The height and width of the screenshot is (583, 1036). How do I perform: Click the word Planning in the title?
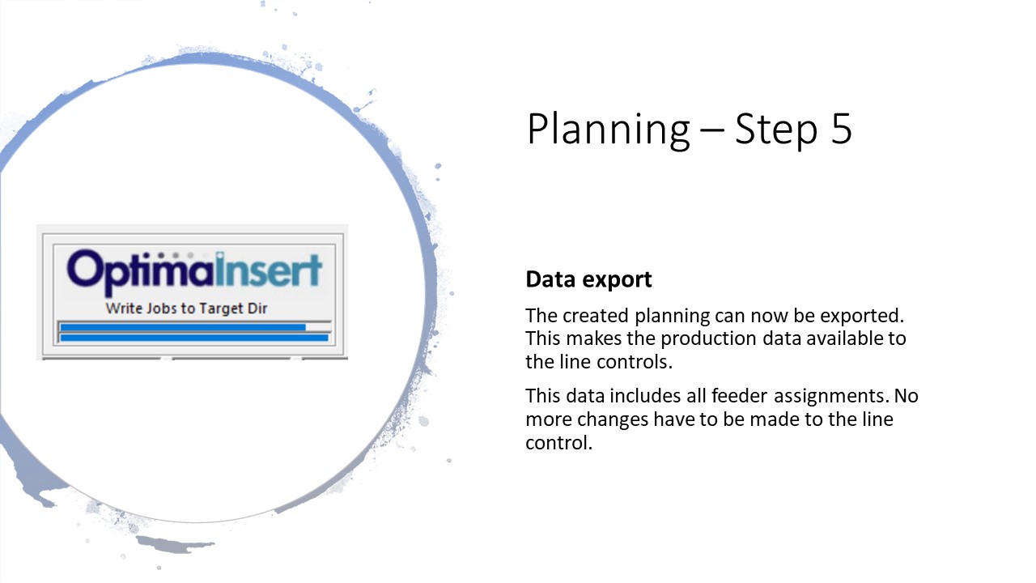click(608, 130)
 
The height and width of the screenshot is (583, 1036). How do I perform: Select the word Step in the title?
click(776, 130)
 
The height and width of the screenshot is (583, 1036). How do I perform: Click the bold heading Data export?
click(588, 279)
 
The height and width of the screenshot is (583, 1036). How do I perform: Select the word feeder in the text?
click(740, 396)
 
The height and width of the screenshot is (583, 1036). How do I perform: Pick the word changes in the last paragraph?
click(613, 419)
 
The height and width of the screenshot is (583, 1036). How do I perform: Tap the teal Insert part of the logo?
click(268, 270)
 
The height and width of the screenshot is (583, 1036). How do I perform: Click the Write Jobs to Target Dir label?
click(186, 309)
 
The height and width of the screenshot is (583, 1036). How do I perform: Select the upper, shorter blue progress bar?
click(183, 328)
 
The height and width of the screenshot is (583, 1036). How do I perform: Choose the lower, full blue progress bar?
click(194, 338)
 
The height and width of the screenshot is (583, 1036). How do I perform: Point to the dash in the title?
click(712, 131)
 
